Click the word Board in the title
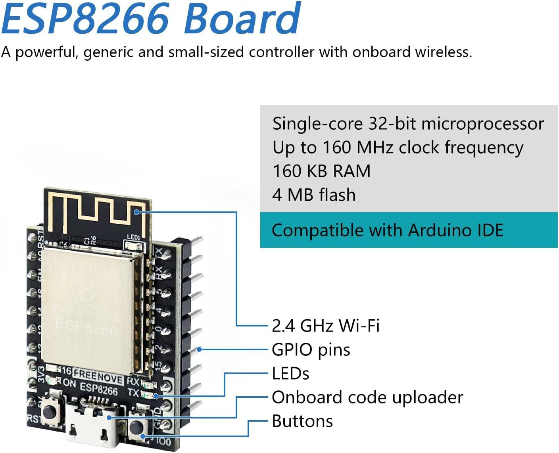click(x=242, y=19)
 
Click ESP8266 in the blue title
click(x=85, y=19)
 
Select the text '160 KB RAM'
click(x=321, y=171)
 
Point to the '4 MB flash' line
click(x=314, y=195)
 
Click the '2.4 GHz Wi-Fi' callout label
click(x=325, y=326)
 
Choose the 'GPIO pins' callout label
click(x=311, y=350)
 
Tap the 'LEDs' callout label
click(x=290, y=374)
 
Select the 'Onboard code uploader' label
click(x=367, y=397)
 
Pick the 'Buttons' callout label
click(x=302, y=421)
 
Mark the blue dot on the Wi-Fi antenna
click(x=136, y=212)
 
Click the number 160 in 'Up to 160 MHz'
click(x=336, y=148)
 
